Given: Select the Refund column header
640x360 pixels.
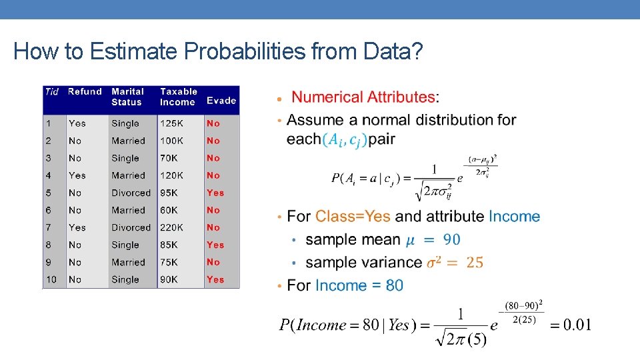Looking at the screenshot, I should click(x=85, y=92).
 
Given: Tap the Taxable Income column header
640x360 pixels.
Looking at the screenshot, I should click(x=179, y=97).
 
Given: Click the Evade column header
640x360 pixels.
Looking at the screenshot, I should click(x=221, y=101).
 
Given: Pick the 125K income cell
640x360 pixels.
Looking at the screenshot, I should click(x=171, y=123).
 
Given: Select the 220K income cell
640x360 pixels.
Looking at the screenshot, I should click(x=171, y=227).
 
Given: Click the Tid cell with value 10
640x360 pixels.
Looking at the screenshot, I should click(x=51, y=279).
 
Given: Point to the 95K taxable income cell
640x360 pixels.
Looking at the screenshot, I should click(x=169, y=193).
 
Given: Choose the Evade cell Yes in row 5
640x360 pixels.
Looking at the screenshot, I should click(x=215, y=193).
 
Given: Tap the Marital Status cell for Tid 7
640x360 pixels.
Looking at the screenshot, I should click(x=131, y=227).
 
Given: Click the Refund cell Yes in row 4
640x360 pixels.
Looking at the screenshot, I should click(x=77, y=175).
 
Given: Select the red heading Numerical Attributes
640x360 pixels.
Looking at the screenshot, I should click(x=363, y=97).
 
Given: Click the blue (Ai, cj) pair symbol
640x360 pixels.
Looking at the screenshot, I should click(x=345, y=140).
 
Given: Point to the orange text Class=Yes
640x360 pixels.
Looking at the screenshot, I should click(x=353, y=217).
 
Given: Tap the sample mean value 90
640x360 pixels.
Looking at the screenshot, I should click(x=451, y=239).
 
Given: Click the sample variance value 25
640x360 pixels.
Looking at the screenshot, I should click(x=475, y=263).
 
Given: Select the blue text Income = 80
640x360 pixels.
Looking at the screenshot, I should click(x=359, y=285).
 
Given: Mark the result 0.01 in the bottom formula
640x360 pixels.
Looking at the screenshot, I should click(x=577, y=325).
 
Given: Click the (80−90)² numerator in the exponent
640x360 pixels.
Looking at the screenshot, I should click(x=524, y=306).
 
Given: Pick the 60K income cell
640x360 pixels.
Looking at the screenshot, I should click(x=169, y=210).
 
